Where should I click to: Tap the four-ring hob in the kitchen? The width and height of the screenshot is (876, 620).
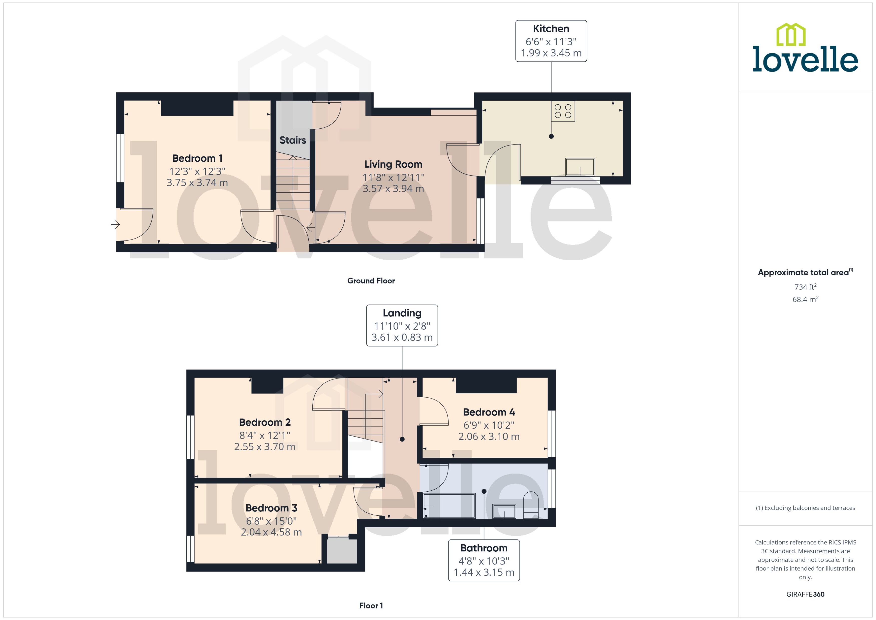563,111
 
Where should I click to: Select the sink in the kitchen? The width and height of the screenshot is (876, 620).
580,167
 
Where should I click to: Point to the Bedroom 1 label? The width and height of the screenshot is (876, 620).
197,158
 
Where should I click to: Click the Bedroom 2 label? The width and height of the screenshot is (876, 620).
265,422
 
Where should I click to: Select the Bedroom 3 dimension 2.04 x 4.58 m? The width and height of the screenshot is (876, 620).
271,532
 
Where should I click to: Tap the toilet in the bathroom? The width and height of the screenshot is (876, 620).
530,505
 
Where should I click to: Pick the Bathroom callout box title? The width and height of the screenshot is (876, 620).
483,548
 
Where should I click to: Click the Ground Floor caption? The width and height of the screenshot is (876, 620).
371,281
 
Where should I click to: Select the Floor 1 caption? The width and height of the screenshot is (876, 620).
371,605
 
